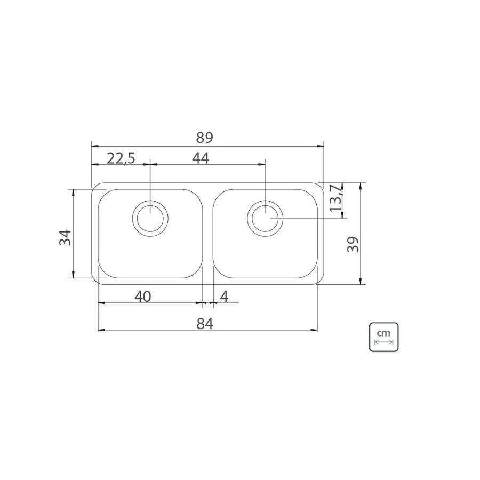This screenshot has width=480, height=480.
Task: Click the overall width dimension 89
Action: [204, 138]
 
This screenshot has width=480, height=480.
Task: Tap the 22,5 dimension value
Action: [121, 158]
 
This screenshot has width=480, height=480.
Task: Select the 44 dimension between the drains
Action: [201, 158]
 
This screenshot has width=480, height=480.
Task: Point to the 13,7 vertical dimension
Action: [336, 198]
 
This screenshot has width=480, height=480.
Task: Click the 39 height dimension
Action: [353, 244]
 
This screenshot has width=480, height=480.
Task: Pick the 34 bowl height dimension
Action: [65, 237]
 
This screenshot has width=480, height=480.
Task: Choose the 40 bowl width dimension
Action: [142, 297]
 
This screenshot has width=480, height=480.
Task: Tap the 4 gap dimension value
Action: [225, 297]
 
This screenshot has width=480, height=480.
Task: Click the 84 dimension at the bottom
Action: [204, 323]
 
